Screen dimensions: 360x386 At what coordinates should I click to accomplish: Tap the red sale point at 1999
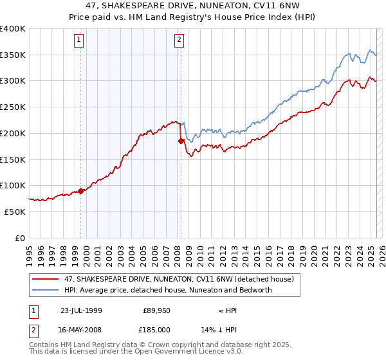click(x=81, y=190)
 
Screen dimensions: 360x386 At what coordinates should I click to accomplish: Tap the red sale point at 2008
click(x=181, y=140)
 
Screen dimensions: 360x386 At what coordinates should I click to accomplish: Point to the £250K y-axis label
click(x=13, y=107)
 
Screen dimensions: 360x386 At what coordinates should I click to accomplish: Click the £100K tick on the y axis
click(x=13, y=185)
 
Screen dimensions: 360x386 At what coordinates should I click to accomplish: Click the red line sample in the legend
click(x=46, y=279)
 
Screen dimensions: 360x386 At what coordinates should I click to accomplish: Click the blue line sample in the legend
click(x=46, y=290)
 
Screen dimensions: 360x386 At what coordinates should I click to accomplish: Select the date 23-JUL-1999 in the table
click(x=81, y=310)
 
